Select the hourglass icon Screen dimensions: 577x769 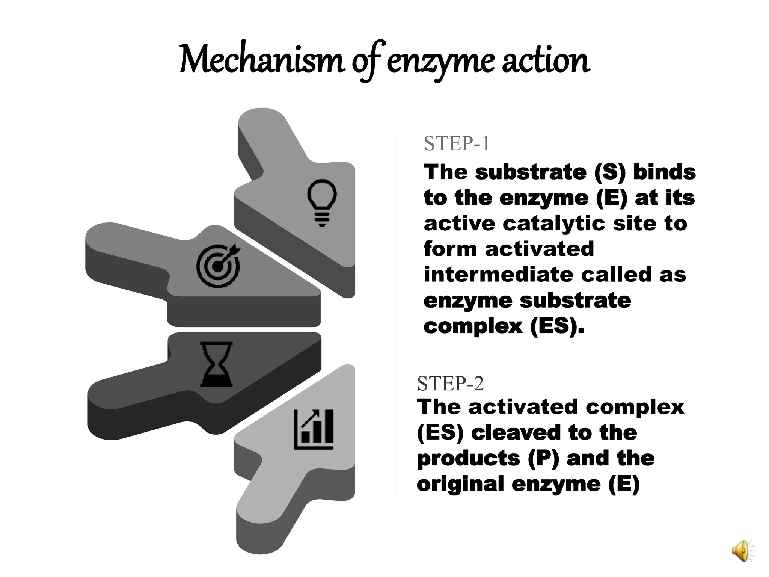(x=217, y=364)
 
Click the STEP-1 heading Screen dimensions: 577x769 (x=457, y=143)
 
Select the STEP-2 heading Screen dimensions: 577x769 (x=450, y=384)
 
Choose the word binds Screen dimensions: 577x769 (x=665, y=172)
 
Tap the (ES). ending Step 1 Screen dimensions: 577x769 (x=557, y=326)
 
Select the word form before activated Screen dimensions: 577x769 (x=450, y=249)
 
